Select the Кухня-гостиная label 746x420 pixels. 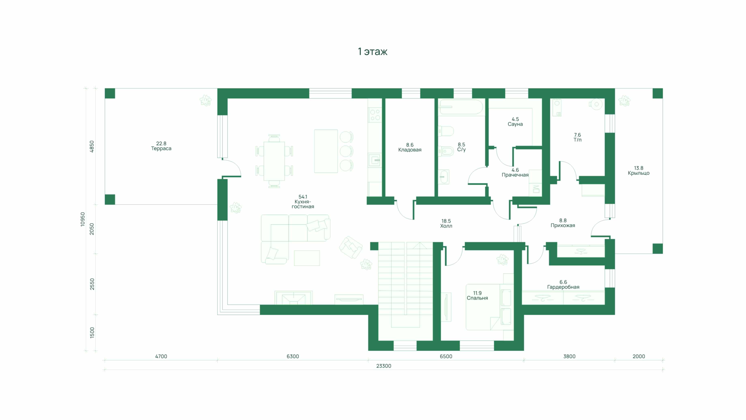(x=303, y=204)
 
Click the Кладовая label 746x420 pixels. (x=409, y=150)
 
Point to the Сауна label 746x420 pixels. (x=515, y=124)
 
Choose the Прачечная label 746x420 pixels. (x=515, y=175)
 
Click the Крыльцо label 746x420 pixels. (x=638, y=173)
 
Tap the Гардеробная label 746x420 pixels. (x=563, y=287)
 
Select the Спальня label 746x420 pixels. (x=477, y=298)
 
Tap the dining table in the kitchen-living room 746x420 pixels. (x=274, y=161)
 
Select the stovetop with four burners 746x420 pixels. (x=375, y=115)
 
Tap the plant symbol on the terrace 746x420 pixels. (x=205, y=100)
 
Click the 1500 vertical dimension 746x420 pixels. (x=92, y=333)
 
